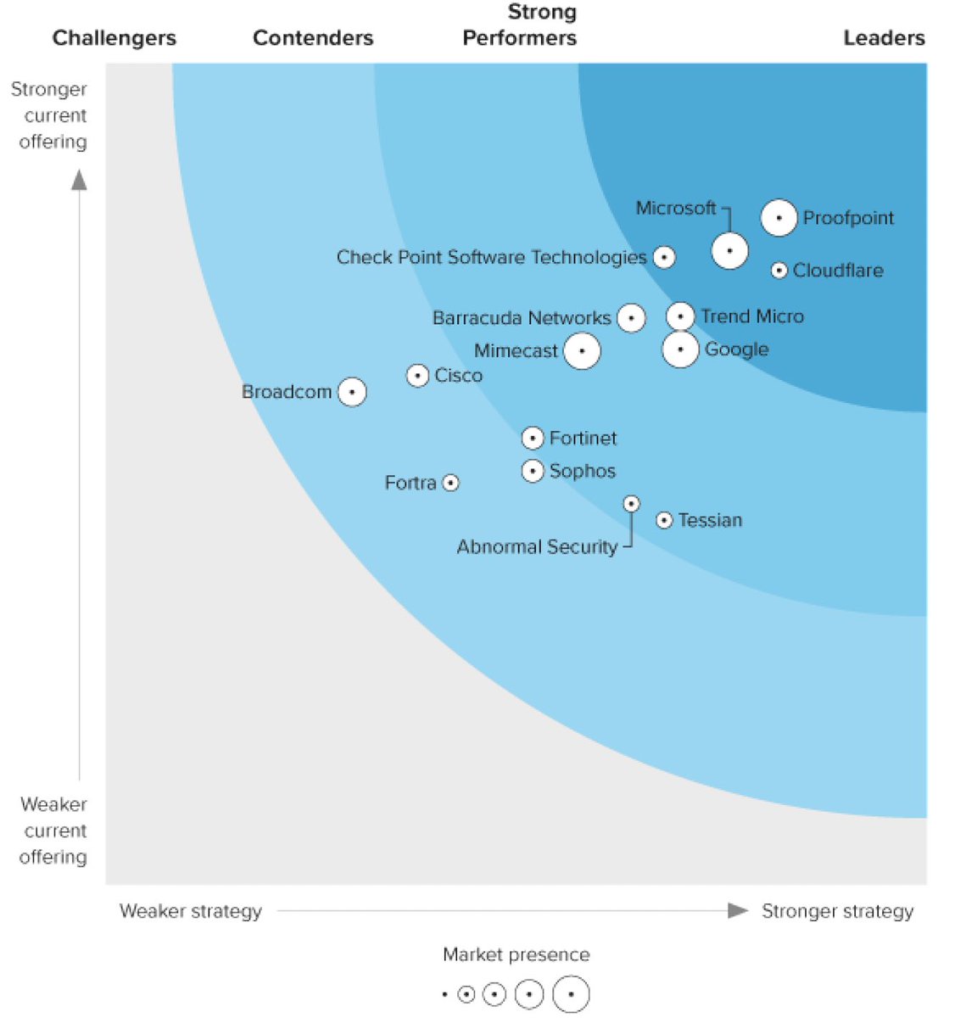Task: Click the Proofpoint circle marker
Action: coord(779,218)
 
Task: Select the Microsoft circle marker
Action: coord(729,251)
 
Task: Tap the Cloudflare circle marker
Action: coord(779,271)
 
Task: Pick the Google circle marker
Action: coord(680,350)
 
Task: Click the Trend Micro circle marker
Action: coord(680,316)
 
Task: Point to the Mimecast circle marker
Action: coord(582,350)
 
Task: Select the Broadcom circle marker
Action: coord(352,392)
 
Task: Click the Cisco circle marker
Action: coord(417,375)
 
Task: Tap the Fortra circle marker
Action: coord(451,483)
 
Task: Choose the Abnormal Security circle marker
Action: coord(631,504)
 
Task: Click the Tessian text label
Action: coord(710,520)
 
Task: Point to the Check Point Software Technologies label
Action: coord(491,257)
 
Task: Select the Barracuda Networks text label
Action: coord(521,318)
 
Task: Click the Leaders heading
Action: coord(883,38)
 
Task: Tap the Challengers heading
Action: coord(114,38)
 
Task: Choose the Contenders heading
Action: coord(313,38)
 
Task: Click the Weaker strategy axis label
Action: coord(191,911)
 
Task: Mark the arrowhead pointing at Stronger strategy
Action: coord(738,910)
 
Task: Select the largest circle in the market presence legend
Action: coord(571,994)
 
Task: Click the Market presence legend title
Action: coord(516,954)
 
